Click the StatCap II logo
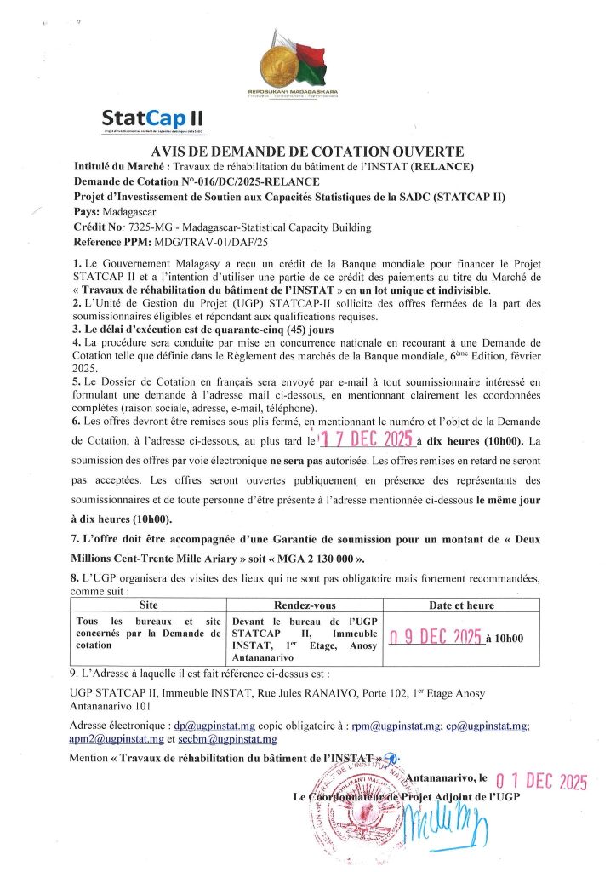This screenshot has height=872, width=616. (x=151, y=118)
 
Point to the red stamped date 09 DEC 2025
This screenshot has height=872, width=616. (x=435, y=639)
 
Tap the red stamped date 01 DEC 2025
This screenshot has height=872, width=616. (x=541, y=779)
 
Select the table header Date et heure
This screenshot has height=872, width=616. (x=463, y=605)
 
